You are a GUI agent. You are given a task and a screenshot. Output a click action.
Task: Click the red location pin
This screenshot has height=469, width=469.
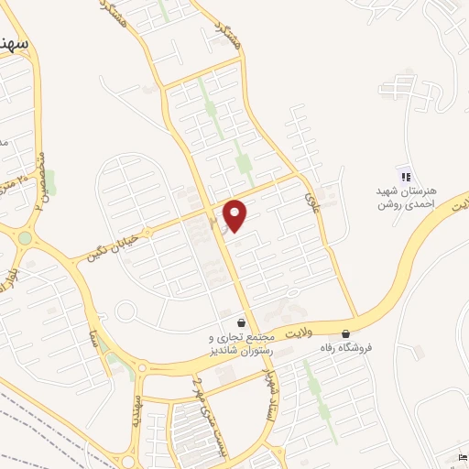(235, 215)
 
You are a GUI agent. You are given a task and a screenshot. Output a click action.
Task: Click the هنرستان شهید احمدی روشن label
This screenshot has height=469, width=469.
(408, 197)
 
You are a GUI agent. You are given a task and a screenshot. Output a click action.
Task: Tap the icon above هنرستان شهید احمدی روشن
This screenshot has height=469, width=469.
(404, 176)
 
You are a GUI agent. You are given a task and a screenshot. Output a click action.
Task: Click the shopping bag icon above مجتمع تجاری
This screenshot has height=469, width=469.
(241, 323)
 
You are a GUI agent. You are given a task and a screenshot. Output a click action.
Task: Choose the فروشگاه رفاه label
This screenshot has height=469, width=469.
(345, 348)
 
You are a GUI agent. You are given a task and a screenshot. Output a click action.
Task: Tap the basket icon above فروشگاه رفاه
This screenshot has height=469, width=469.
(345, 333)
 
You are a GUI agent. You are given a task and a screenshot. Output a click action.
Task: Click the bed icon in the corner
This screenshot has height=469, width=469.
(461, 458)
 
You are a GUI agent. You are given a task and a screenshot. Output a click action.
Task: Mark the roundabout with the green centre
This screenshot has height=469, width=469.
(25, 237)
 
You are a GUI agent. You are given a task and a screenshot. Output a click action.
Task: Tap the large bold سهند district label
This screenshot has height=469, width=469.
(16, 44)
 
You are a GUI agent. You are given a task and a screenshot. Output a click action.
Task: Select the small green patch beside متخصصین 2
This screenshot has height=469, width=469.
(50, 181)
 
